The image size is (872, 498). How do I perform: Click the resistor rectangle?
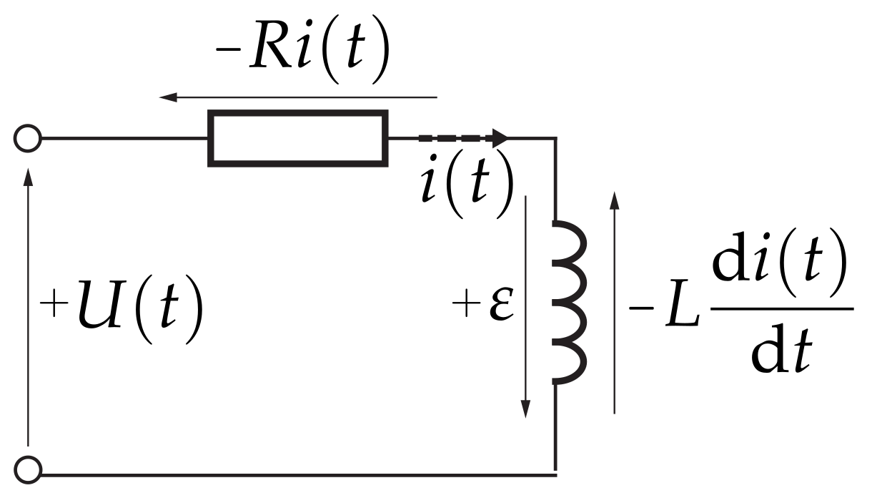click(x=298, y=138)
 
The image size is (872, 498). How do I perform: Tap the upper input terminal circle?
click(x=28, y=138)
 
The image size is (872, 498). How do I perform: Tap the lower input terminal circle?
click(x=28, y=471)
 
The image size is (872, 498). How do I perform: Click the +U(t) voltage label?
click(x=122, y=313)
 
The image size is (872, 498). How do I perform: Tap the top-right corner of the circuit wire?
click(x=555, y=138)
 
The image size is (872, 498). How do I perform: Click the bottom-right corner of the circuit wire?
click(x=555, y=473)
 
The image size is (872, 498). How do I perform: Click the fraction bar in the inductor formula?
click(x=781, y=309)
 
